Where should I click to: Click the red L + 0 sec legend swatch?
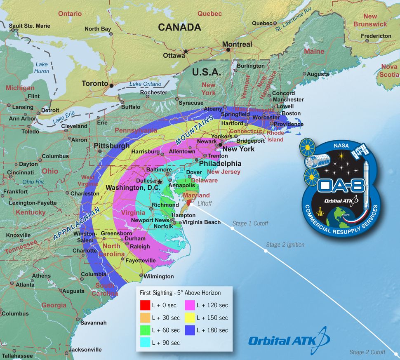coord(144,305)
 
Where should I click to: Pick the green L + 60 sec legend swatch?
coord(144,330)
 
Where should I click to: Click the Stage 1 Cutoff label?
coord(250,224)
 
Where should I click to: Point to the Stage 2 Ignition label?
coord(285,245)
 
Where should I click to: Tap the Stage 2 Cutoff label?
coord(367,352)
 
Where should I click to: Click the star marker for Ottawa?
coord(186,52)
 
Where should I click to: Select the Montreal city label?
coord(237,44)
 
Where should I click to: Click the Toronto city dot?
coord(111,85)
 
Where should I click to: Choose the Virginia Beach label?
coord(201,222)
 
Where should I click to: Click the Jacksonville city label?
coord(85,350)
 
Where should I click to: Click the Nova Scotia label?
coord(389,71)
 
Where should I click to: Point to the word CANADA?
coord(179,27)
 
